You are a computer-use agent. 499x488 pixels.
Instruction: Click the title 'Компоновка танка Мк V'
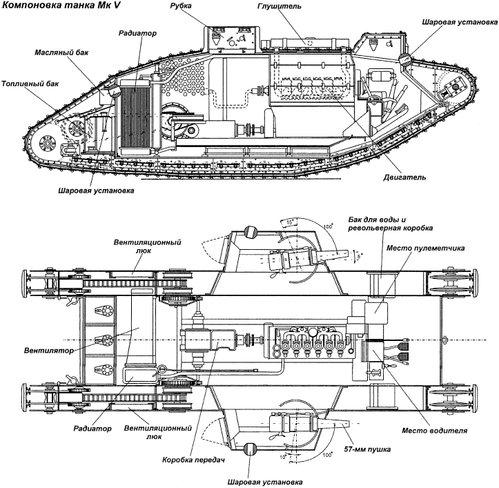[61, 6]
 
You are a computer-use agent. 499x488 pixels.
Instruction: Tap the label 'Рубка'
[181, 6]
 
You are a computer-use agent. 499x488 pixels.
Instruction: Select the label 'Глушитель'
[279, 6]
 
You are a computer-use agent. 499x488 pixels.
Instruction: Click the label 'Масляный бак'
[61, 52]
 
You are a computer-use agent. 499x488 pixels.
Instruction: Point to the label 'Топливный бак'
[30, 84]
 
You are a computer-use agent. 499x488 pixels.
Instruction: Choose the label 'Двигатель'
[404, 177]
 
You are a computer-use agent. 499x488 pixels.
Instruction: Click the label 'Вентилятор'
[49, 351]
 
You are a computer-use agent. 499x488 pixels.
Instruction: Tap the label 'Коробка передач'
[193, 460]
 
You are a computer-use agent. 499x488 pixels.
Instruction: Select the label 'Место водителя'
[434, 431]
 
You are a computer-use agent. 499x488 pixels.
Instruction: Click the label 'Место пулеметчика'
[425, 248]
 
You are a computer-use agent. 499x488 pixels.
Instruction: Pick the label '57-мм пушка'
[367, 449]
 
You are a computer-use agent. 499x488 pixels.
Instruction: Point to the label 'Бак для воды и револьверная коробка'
[391, 224]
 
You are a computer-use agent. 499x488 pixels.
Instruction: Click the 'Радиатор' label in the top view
[92, 429]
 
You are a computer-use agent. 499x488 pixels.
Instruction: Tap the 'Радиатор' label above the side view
[137, 33]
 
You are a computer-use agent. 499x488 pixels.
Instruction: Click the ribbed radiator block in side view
[135, 115]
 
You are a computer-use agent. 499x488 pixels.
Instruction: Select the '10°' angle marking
[282, 458]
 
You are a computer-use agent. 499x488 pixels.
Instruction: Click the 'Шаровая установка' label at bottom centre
[265, 482]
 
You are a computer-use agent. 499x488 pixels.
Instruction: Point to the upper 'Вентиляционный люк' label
[147, 246]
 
